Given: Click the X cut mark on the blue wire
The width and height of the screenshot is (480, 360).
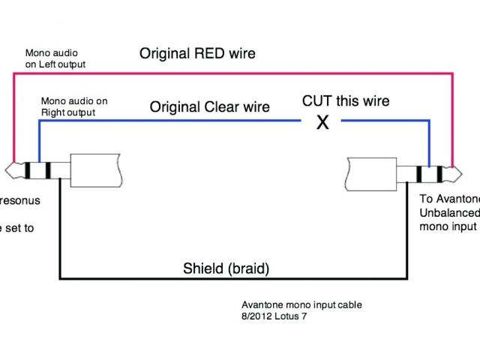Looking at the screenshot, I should tap(322, 123).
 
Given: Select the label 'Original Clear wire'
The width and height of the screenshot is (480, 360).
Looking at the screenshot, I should tap(209, 107).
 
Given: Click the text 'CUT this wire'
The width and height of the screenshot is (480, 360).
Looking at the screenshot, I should tap(346, 100).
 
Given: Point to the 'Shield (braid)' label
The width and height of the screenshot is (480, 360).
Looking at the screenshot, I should tap(226, 268).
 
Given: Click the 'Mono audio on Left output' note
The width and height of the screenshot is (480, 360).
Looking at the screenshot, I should tap(55, 58).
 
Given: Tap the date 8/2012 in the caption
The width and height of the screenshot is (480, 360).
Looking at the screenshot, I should tap(255, 315).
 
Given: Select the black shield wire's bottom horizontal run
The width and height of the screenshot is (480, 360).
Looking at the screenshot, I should tap(225, 280).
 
